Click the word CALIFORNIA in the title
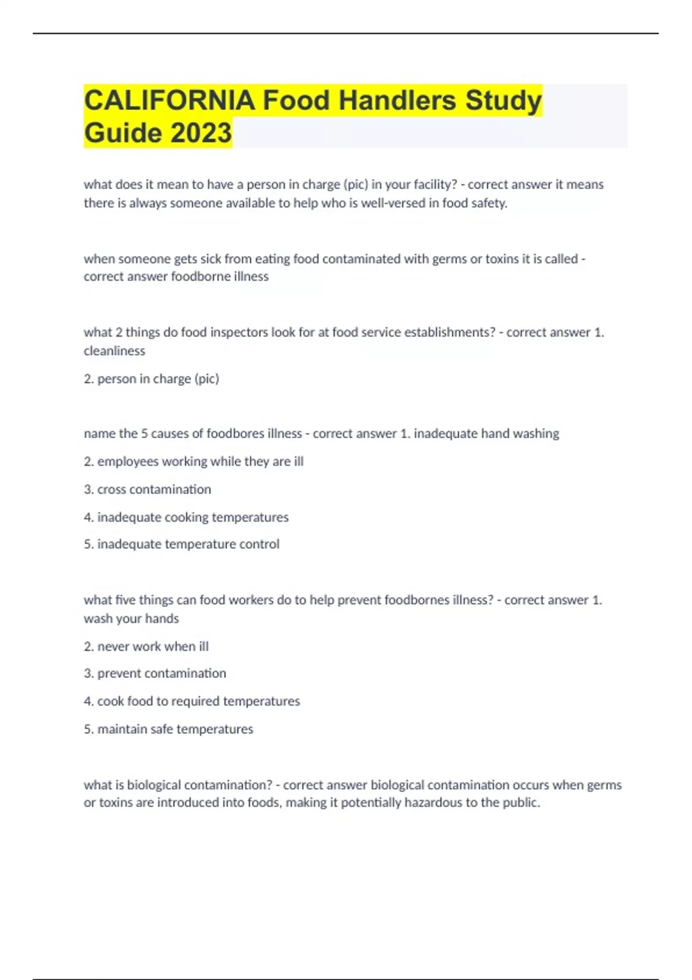click(169, 100)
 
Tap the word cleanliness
click(114, 351)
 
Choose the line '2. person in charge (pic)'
click(151, 379)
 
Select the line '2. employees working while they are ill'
click(193, 462)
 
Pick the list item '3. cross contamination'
click(147, 489)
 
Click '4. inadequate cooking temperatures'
click(186, 517)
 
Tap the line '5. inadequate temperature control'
click(181, 544)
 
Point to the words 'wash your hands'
click(131, 619)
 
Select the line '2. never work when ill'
click(146, 647)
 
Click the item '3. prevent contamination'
click(155, 673)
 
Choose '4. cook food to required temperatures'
click(191, 702)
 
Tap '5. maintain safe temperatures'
click(168, 729)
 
